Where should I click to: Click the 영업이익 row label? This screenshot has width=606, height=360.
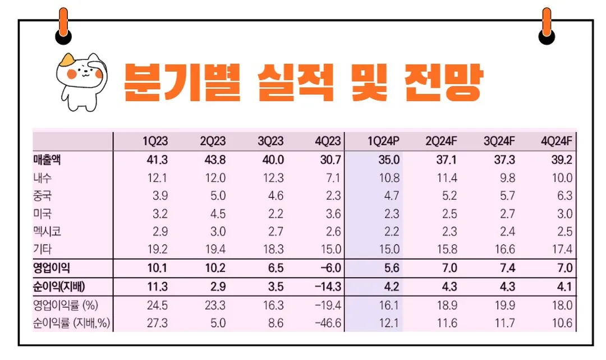tap(51, 267)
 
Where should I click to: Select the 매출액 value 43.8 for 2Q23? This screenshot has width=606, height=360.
tap(213, 160)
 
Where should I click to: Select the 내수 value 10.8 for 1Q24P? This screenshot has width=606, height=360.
tap(388, 178)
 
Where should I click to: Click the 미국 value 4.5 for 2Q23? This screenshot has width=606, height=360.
tap(215, 214)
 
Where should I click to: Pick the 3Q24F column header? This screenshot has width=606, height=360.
tap(499, 141)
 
